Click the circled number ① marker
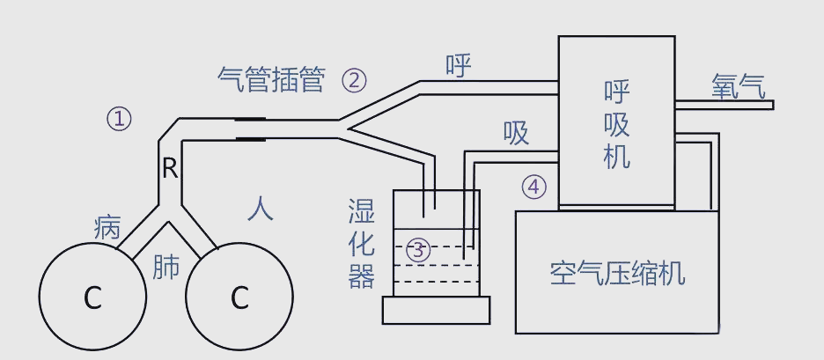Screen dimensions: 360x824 coord(119,118)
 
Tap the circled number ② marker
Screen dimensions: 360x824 coord(353,81)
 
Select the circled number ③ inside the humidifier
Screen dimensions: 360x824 coord(418,250)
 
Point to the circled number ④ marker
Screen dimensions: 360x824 coord(533,187)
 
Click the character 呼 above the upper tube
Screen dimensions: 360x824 coord(459,66)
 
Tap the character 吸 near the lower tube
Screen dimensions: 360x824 coord(516,133)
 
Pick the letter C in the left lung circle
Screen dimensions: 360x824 coord(92,298)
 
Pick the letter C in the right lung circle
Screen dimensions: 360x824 coord(239,298)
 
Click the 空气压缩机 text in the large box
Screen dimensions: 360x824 coord(616,274)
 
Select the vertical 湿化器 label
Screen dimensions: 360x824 coord(361,244)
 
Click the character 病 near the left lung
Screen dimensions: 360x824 coord(107,228)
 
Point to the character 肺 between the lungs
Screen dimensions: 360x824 coord(166,267)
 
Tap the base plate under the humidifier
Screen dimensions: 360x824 coord(436,310)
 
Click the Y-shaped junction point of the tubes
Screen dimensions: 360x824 coord(345,129)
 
